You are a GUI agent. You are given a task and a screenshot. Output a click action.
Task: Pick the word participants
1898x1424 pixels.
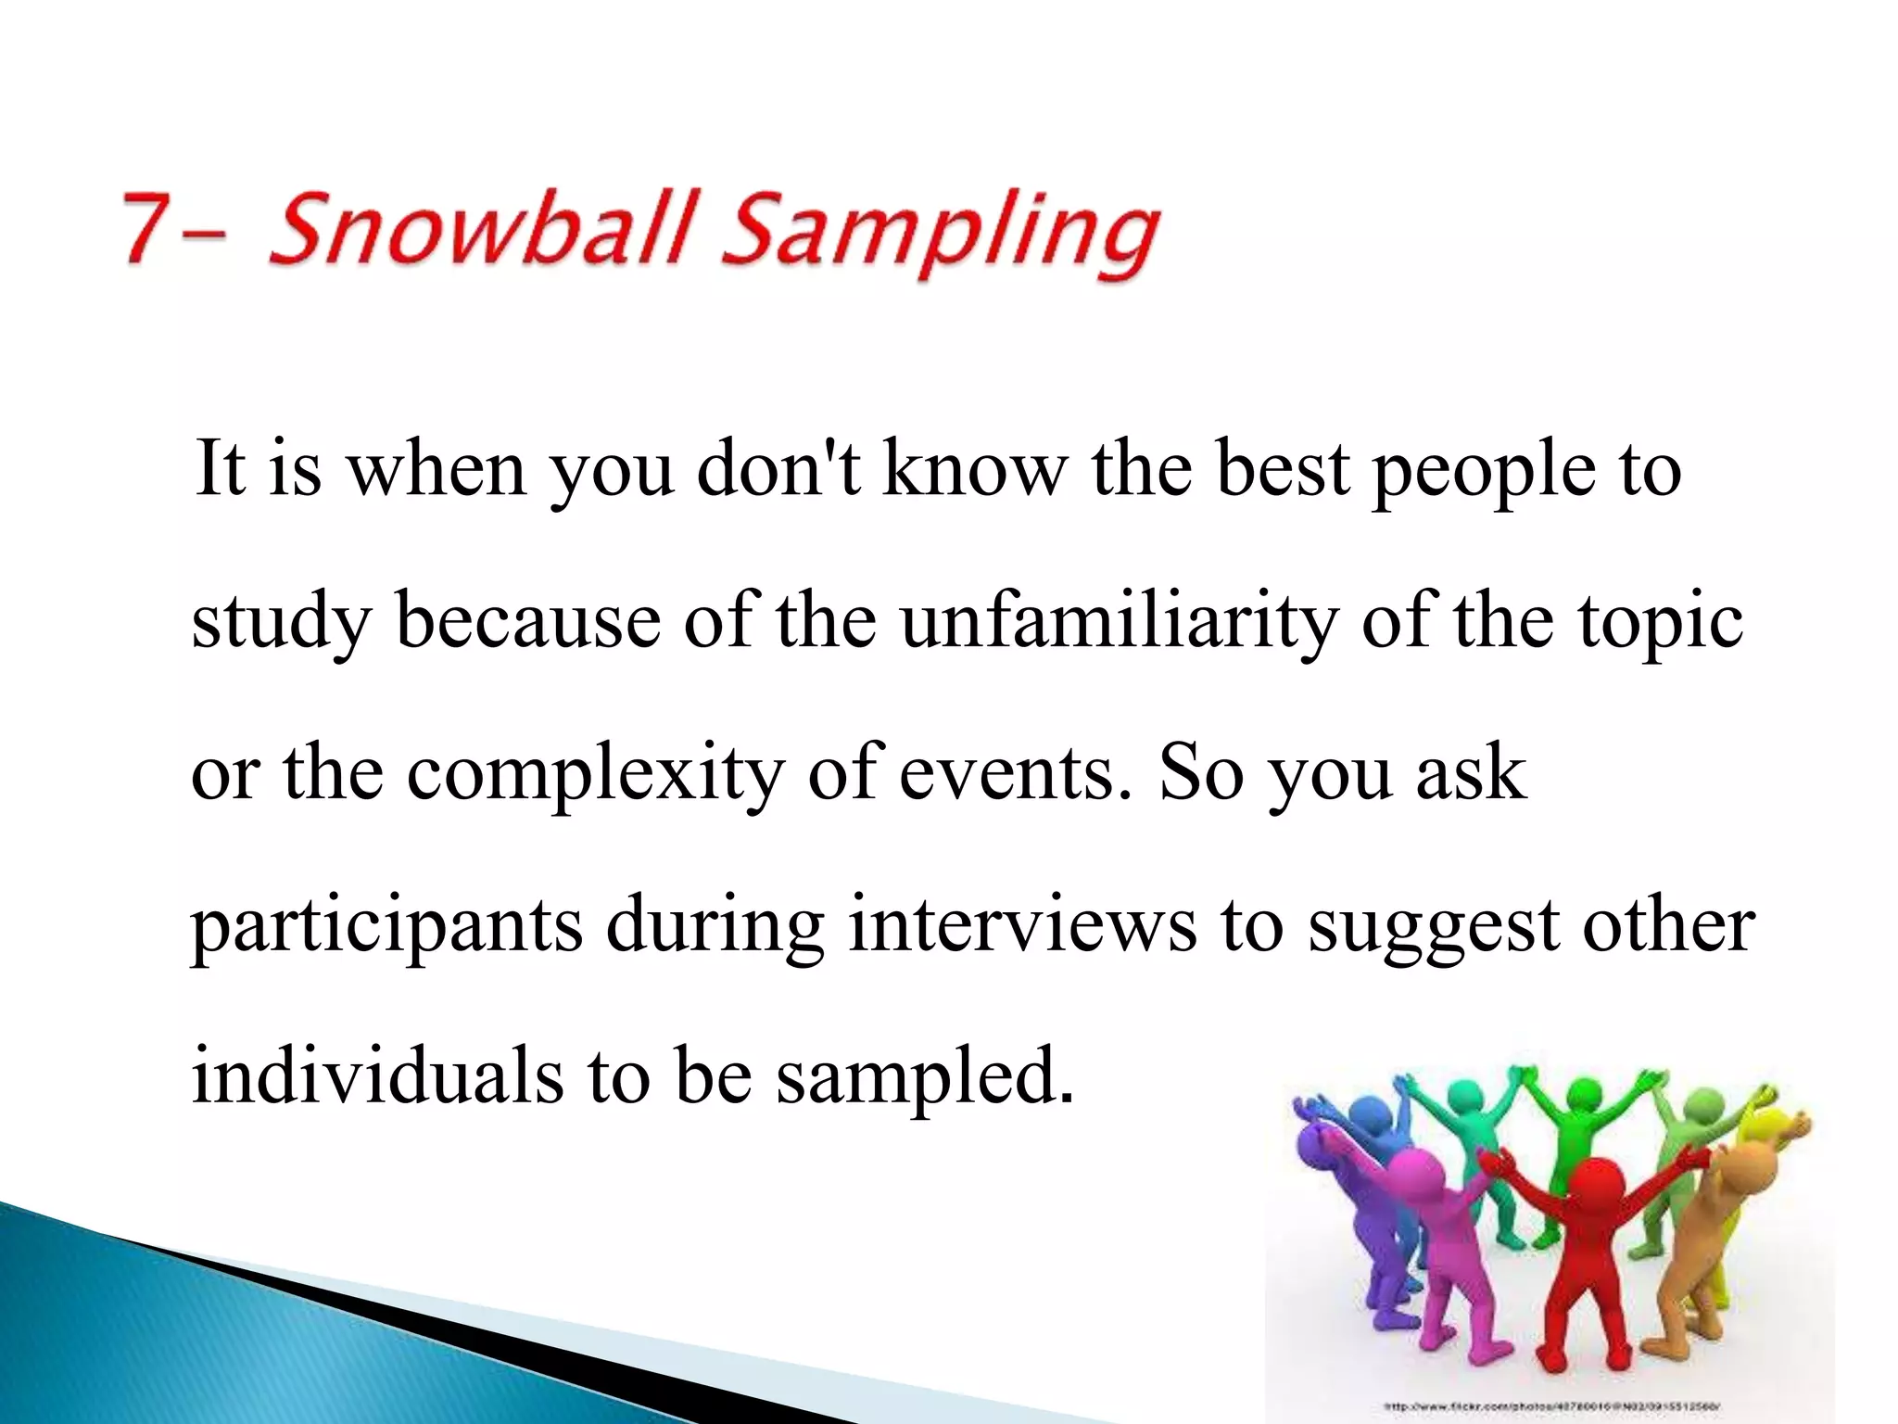[386, 927]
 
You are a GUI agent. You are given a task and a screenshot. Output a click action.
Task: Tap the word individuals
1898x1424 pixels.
[376, 1075]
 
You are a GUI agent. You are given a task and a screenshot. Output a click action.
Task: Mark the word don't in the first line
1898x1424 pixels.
[778, 469]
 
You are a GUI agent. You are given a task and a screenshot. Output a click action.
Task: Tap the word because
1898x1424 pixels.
[528, 621]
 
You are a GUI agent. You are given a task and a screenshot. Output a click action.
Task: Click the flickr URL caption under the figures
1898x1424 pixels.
[1551, 1407]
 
